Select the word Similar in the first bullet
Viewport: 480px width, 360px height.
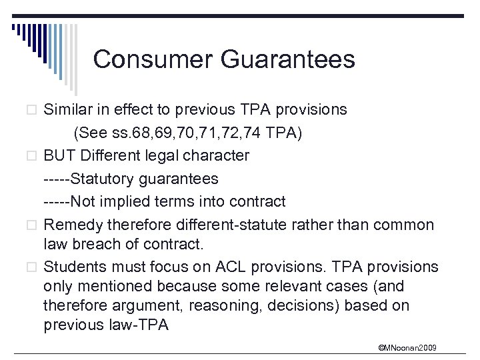pos(67,110)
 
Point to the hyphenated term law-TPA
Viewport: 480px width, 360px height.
pos(145,325)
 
